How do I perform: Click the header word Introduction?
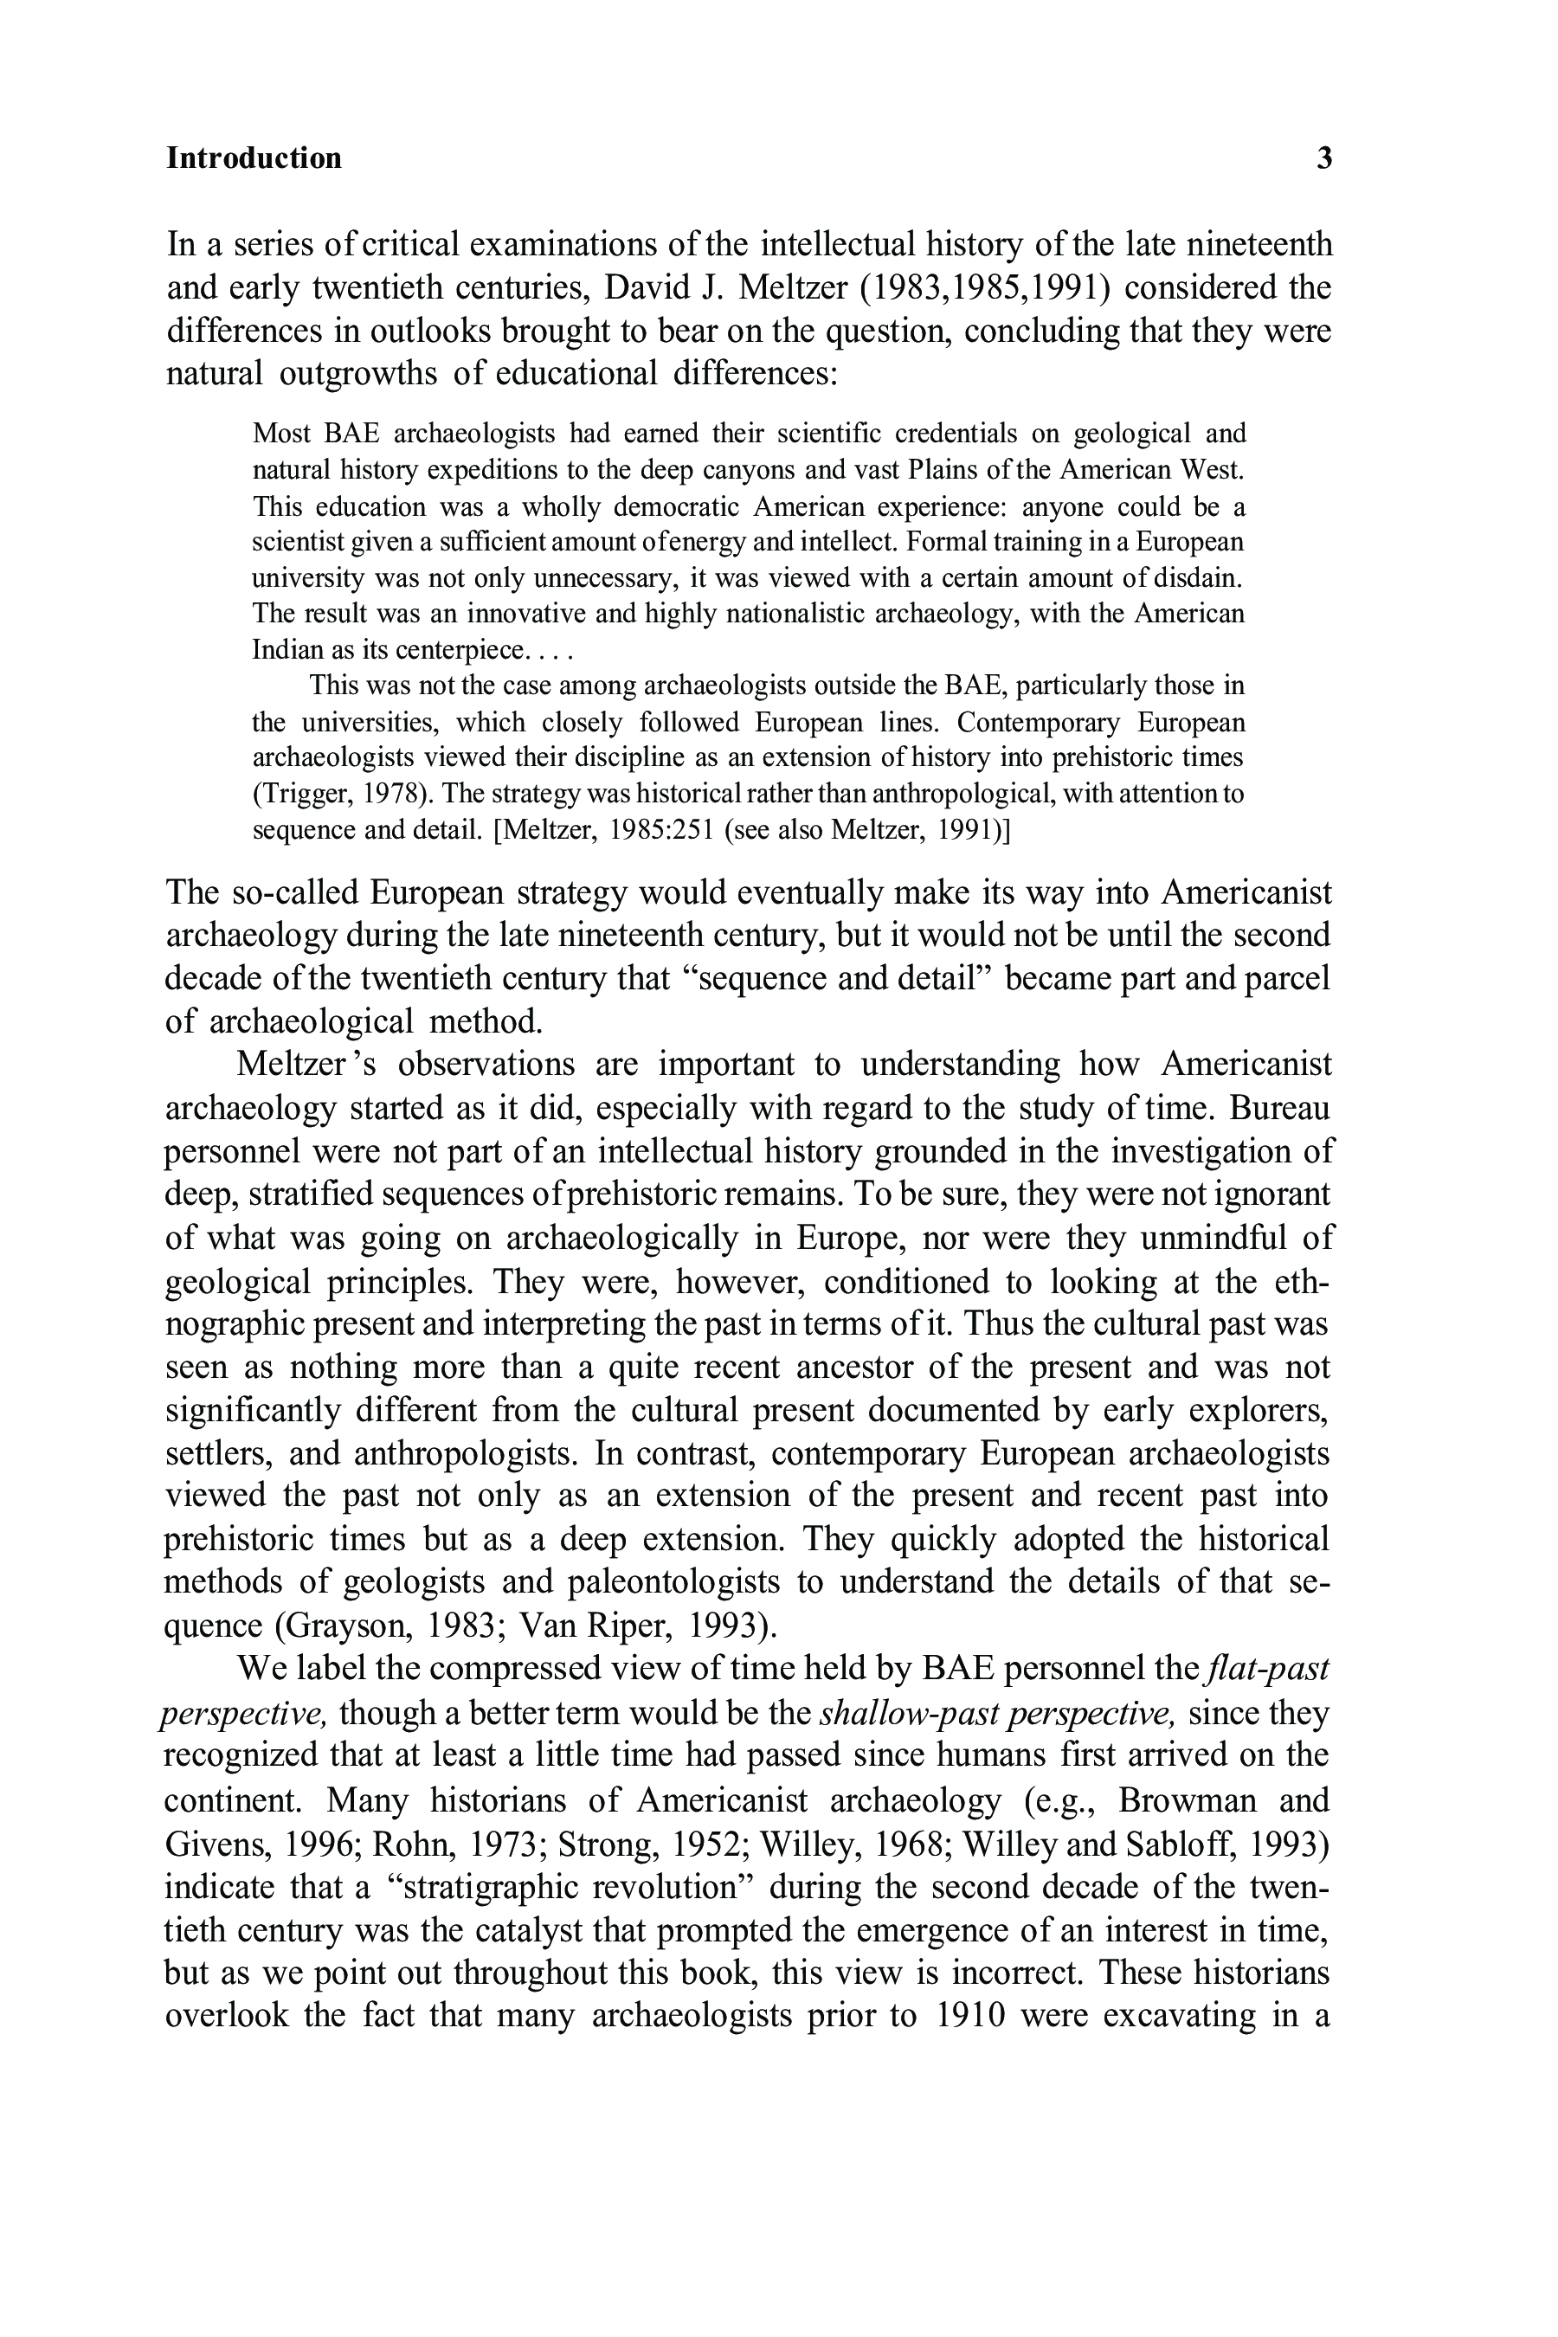254,158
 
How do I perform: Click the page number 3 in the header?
1323,158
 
